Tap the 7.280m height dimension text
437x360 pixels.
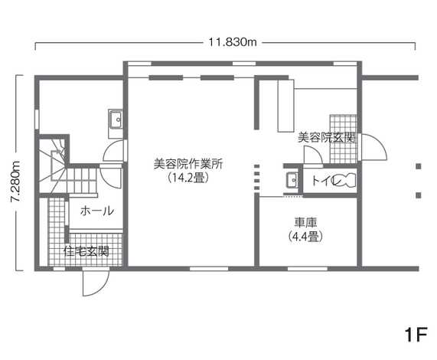[x=15, y=181]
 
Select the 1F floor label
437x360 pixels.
[x=416, y=336]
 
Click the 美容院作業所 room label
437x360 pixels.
[x=188, y=163]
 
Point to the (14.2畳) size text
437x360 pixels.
[x=188, y=177]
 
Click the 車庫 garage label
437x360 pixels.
[x=305, y=223]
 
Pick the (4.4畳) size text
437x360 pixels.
[x=305, y=237]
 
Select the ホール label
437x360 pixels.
[x=97, y=211]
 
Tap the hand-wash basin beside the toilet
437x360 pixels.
[x=291, y=180]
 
